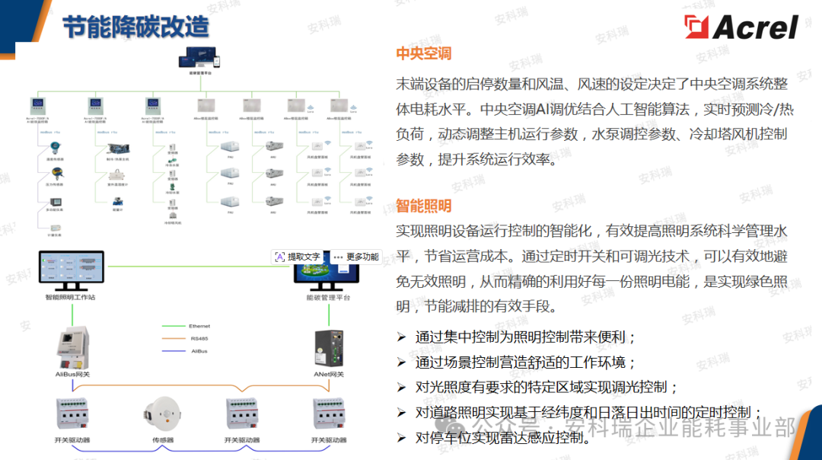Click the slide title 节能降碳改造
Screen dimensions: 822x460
pyautogui.click(x=135, y=27)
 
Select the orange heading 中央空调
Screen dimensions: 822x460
pyautogui.click(x=423, y=53)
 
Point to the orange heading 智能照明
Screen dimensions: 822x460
pyautogui.click(x=423, y=206)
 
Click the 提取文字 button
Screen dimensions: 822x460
pyautogui.click(x=298, y=257)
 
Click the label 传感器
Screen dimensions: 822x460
pyautogui.click(x=162, y=440)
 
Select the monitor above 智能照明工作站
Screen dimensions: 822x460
pyautogui.click(x=70, y=268)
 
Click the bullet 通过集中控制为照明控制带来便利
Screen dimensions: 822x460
pyautogui.click(x=525, y=337)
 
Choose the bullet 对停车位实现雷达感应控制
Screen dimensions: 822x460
pyautogui.click(x=502, y=438)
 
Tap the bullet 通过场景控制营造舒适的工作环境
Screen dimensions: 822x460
pyautogui.click(x=525, y=362)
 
